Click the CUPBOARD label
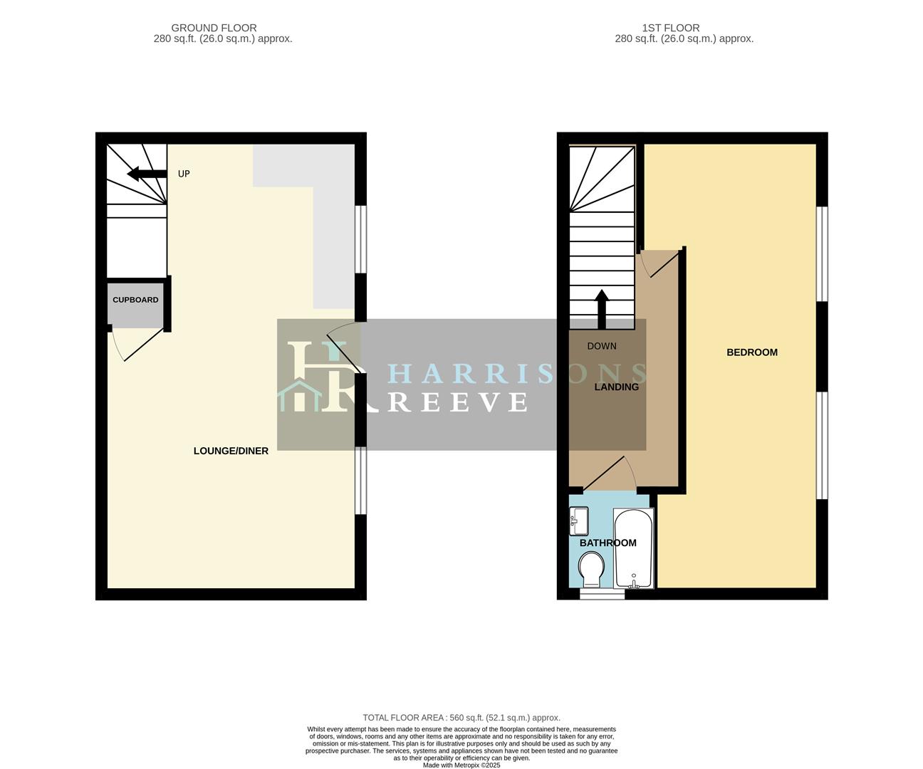pos(135,300)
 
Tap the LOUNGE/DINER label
pos(231,451)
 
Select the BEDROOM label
pos(752,352)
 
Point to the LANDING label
pos(616,387)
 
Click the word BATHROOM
pos(607,543)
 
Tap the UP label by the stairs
pos(184,174)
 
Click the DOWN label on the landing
pos(602,346)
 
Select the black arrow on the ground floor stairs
pos(147,174)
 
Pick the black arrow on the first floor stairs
pos(602,309)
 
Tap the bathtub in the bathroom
pos(633,548)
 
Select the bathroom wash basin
pos(578,520)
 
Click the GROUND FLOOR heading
pos(214,28)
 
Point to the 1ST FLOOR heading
pos(671,28)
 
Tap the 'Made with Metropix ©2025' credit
pos(461,765)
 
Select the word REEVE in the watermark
pos(457,402)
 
